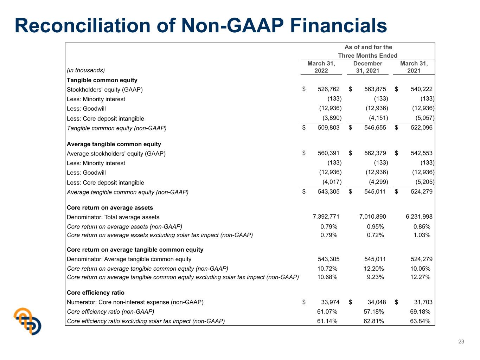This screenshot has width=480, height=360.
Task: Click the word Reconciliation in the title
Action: coord(83,26)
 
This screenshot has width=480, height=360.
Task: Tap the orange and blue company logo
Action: coord(27,321)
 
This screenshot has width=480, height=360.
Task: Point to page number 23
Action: coord(461,341)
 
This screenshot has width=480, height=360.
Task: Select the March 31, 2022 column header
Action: coord(321,67)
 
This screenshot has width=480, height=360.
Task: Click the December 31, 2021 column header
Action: coord(367,67)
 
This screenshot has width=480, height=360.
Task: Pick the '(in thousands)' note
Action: coord(86,70)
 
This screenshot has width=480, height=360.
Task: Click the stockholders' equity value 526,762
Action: coord(328,89)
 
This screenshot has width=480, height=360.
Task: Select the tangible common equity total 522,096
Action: coord(421,127)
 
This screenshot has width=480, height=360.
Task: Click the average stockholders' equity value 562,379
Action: coord(375,153)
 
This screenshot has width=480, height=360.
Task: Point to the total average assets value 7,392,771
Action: coord(326,217)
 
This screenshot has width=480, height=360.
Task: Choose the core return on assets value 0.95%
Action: coord(375,227)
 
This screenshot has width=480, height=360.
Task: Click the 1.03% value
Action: coord(422,235)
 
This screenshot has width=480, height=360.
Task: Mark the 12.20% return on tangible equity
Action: coord(374,269)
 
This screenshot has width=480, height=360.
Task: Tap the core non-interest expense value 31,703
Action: coord(423,302)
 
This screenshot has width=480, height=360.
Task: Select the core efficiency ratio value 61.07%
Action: coord(327,311)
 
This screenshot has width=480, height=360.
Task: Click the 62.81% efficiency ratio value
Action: coord(374,321)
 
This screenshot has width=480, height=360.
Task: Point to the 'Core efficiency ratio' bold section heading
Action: coord(96,293)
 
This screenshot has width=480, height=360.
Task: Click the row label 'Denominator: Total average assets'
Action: coord(113,217)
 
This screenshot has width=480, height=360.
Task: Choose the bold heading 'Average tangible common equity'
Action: coord(114,144)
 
